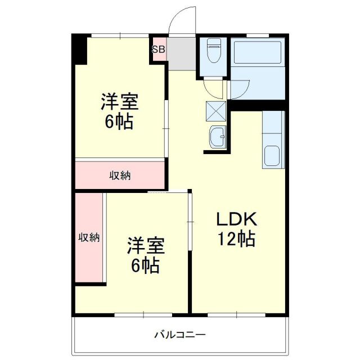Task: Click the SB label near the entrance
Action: (x=158, y=49)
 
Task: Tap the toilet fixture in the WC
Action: (x=214, y=53)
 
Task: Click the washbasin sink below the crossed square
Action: (x=217, y=137)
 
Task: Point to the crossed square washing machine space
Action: (x=216, y=110)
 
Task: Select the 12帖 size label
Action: (x=237, y=239)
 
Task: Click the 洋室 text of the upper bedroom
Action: (x=120, y=102)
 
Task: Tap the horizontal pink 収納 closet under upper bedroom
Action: (x=120, y=175)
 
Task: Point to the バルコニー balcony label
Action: (x=180, y=335)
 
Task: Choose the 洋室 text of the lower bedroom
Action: (x=145, y=246)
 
